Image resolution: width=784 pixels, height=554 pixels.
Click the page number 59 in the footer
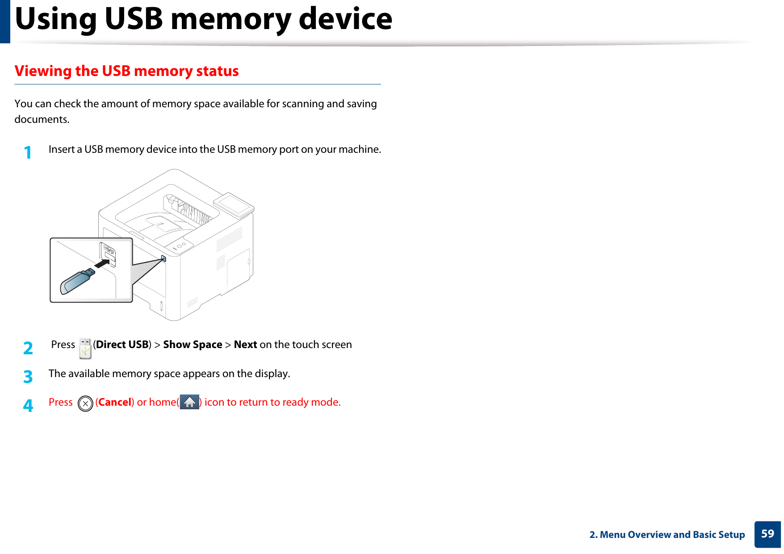click(767, 534)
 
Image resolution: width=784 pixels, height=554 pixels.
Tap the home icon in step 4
click(189, 402)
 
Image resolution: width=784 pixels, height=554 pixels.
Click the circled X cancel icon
click(85, 403)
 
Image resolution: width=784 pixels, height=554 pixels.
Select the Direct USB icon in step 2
click(85, 348)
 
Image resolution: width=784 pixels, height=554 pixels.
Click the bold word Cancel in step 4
click(115, 402)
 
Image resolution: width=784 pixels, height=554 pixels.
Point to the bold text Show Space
click(193, 344)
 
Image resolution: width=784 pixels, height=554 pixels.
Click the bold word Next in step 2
click(245, 344)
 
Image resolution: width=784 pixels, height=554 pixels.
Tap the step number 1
click(28, 153)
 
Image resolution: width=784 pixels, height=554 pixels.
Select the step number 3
click(28, 377)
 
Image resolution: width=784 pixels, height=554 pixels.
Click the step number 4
click(28, 406)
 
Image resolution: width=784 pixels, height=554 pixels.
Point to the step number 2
click(28, 348)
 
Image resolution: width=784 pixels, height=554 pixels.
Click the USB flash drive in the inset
click(77, 281)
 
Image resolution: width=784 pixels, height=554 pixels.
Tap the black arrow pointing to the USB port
click(102, 264)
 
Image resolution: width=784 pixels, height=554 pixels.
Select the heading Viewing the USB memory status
click(126, 71)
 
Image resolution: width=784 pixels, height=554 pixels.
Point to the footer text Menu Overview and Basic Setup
click(672, 535)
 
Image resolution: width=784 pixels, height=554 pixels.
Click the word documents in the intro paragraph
click(41, 120)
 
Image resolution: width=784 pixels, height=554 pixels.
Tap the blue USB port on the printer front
click(164, 259)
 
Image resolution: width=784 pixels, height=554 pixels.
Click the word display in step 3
click(271, 374)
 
